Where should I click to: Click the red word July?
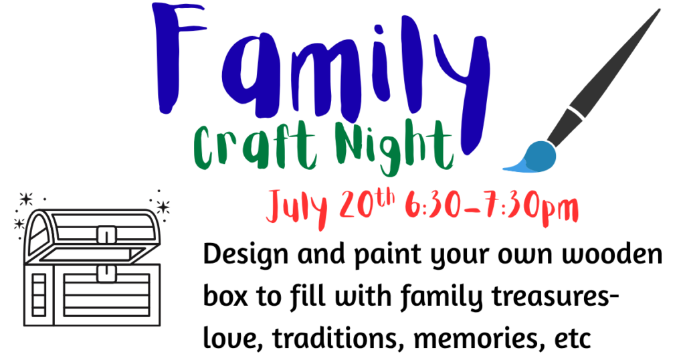(298, 207)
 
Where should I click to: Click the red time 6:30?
(433, 205)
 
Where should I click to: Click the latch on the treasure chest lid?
(106, 235)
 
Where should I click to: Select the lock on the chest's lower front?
(106, 274)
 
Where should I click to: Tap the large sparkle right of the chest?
(163, 207)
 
